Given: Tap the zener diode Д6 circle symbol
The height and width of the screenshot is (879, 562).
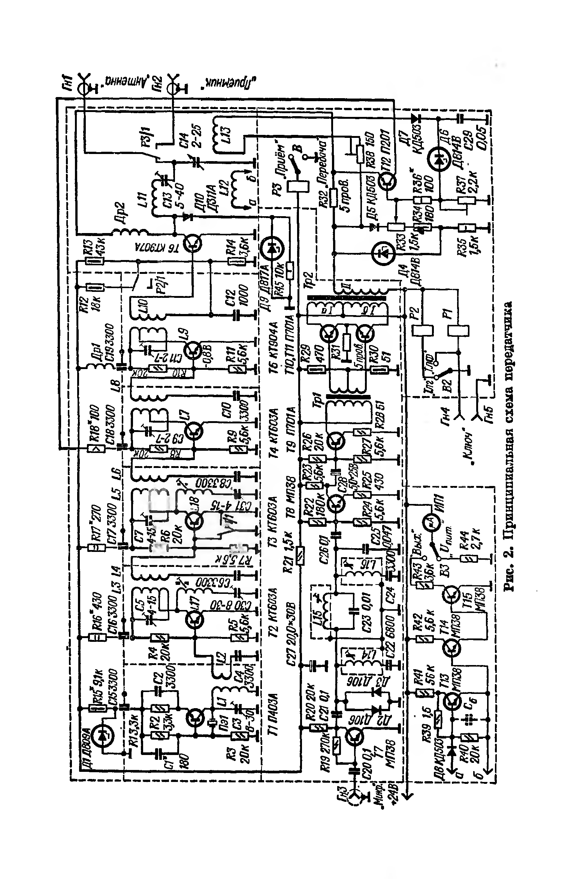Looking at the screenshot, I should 438,158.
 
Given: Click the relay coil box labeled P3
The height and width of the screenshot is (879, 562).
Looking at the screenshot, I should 298,186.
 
